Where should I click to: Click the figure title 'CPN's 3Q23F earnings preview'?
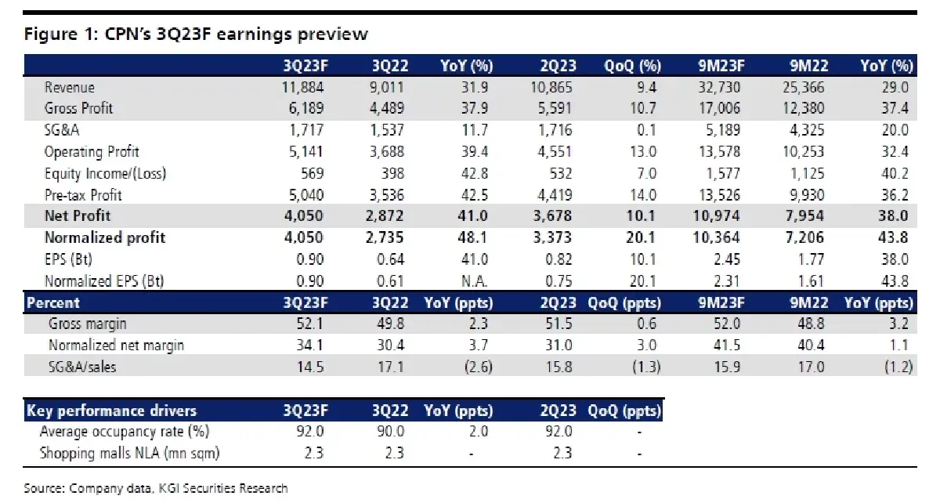tap(196, 34)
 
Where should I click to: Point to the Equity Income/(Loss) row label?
tap(105, 173)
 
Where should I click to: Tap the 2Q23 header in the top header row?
tap(558, 65)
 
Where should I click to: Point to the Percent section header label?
tap(53, 302)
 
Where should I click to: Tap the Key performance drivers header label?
tap(111, 411)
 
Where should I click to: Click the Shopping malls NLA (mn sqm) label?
tap(129, 453)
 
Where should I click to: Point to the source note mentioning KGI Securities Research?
tap(155, 488)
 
